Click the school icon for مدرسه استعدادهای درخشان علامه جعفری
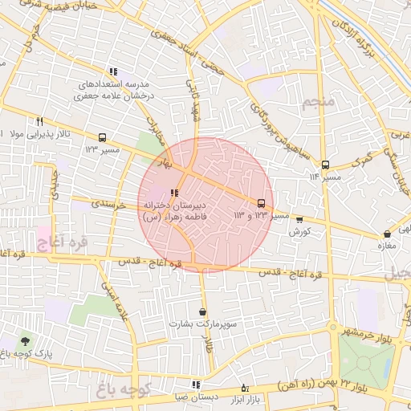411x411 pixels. click(x=113, y=71)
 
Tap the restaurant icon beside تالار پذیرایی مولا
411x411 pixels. click(x=39, y=121)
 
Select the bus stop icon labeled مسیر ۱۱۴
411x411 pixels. click(x=324, y=165)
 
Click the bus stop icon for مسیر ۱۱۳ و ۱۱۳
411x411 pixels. click(x=261, y=203)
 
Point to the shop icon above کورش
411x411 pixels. click(x=300, y=219)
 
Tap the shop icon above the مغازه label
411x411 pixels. click(x=388, y=234)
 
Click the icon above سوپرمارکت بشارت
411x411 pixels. click(x=201, y=311)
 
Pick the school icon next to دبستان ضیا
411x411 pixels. click(x=196, y=385)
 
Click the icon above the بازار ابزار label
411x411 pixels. click(x=245, y=389)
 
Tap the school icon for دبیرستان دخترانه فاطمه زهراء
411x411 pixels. click(x=174, y=193)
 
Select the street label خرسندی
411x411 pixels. click(x=109, y=205)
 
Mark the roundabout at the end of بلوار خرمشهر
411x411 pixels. click(x=332, y=327)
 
